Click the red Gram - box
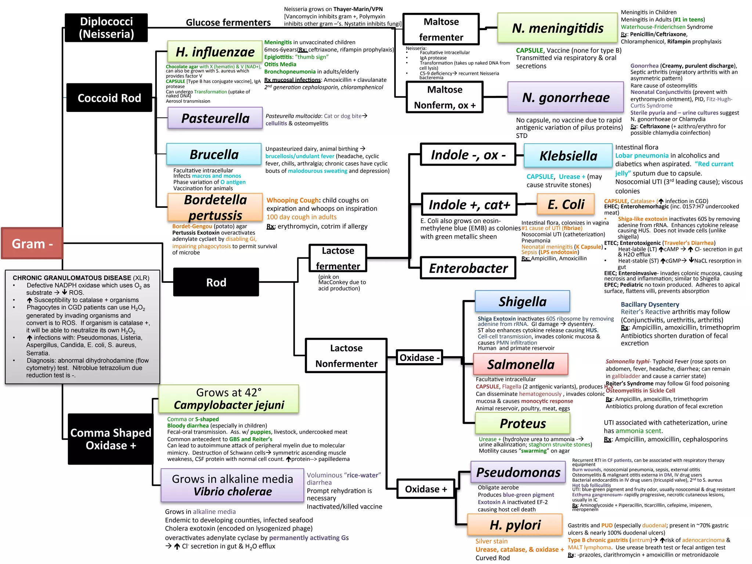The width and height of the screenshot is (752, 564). (x=32, y=243)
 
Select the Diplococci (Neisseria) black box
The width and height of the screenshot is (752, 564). (x=106, y=28)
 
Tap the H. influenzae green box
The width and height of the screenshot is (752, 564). (x=215, y=52)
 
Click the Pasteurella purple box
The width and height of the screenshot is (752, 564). (x=215, y=118)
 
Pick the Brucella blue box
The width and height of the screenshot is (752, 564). (x=214, y=154)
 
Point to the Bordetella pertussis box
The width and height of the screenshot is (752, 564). (x=215, y=207)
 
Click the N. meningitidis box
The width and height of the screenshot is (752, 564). (x=557, y=28)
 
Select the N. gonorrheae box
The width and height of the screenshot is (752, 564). (x=565, y=97)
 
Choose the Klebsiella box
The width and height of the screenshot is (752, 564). (x=568, y=155)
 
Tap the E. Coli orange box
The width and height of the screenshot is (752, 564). (x=565, y=204)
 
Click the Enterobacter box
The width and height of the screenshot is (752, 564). (x=468, y=268)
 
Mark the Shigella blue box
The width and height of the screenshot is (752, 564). (x=522, y=301)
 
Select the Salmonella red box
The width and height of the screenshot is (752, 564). (x=520, y=364)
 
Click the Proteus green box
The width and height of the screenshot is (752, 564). (x=523, y=423)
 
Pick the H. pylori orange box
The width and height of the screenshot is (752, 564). (x=515, y=525)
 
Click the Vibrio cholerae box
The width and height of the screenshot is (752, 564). (x=232, y=485)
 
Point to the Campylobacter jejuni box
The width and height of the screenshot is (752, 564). (x=229, y=399)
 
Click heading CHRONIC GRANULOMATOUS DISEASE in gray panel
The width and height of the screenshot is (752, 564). (x=72, y=278)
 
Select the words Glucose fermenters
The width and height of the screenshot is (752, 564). (x=228, y=22)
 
